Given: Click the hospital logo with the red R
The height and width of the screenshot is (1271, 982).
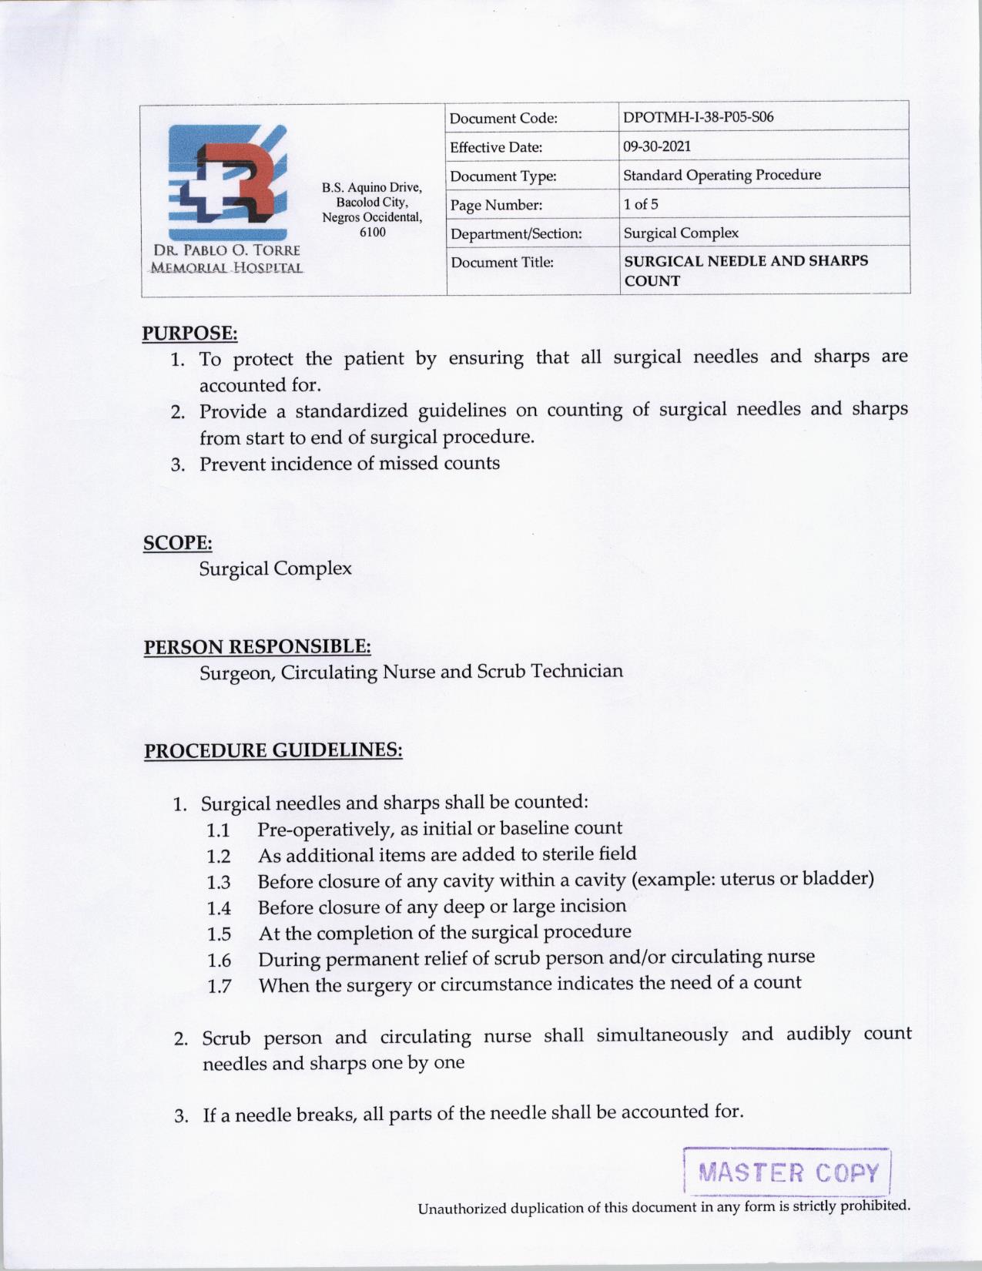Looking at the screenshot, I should point(227,182).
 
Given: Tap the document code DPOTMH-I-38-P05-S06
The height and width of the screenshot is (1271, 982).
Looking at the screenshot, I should point(698,117).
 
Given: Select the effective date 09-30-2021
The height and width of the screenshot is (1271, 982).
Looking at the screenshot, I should point(657,146).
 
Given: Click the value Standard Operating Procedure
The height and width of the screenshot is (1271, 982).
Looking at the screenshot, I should point(722,175).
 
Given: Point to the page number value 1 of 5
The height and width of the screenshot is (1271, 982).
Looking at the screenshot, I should point(641,204).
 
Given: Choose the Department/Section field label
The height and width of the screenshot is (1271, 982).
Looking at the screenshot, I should point(516,233).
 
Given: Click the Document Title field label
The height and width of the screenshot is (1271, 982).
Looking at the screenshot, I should point(502,263).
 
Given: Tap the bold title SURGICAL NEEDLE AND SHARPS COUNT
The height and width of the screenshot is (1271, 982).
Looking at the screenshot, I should point(746,270).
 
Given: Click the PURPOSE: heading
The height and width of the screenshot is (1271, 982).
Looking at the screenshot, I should point(189,334).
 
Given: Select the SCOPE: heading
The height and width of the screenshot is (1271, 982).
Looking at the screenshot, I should point(178,543).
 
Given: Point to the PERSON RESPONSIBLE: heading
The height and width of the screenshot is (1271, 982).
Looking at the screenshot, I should point(257,646).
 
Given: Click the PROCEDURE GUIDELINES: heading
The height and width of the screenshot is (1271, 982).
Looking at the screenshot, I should point(273,750).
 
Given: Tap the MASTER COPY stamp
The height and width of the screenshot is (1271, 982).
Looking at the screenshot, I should point(787,1173).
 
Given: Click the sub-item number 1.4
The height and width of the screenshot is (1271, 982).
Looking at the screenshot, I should point(219,908).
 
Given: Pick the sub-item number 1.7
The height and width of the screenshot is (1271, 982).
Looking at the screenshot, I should point(219,986).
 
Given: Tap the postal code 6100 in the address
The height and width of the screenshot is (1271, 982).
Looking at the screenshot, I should point(373,232).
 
